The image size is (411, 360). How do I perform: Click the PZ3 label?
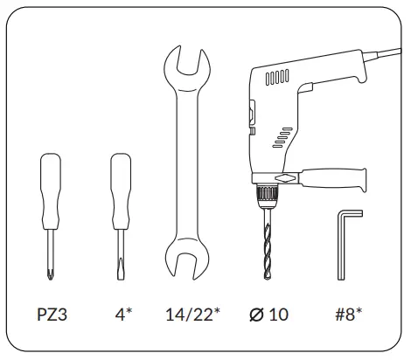pos(52,315)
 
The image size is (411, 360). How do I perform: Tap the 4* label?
pos(123,314)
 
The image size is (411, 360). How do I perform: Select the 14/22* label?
pos(192,314)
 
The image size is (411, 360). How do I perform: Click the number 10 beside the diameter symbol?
pos(279,315)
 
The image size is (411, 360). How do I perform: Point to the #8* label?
pos(349,314)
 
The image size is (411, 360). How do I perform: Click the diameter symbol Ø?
pos(256,315)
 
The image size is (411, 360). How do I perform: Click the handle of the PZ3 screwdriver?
pos(51,191)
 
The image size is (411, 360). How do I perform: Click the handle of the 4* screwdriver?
pos(121,191)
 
